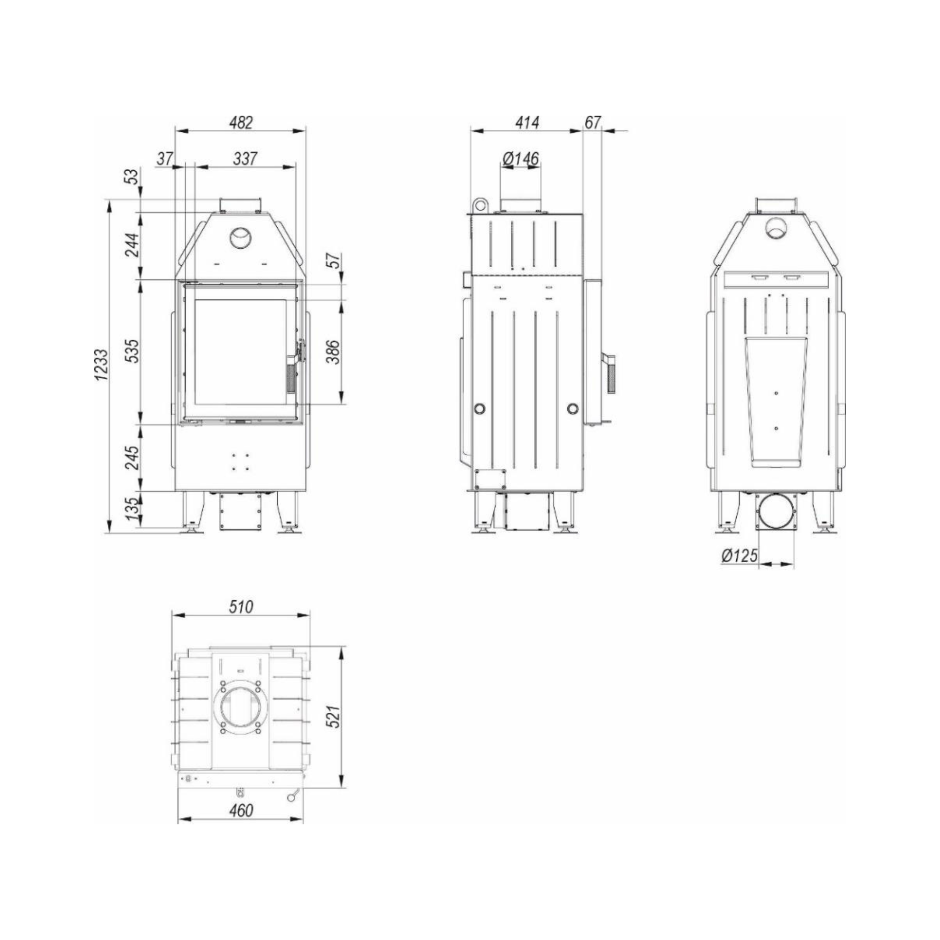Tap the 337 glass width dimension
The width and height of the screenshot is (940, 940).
244,158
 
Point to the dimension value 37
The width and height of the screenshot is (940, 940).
165,158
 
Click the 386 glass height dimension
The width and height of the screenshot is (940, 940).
333,352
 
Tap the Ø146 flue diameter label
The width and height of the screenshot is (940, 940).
520,158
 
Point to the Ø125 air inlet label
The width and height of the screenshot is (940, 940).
739,555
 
